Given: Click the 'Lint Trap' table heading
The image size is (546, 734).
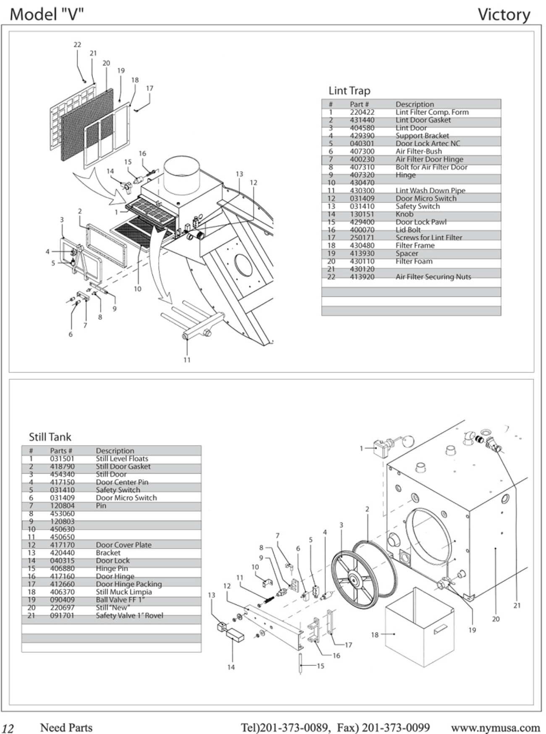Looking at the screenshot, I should [x=349, y=91].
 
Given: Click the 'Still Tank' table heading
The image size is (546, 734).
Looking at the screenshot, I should [x=50, y=437].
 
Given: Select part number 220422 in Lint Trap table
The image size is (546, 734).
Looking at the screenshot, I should [x=362, y=112].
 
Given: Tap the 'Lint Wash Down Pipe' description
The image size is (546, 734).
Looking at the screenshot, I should [x=430, y=190].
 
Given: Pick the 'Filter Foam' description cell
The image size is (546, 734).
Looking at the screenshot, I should [x=414, y=261].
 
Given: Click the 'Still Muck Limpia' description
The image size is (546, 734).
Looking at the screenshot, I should [x=123, y=592].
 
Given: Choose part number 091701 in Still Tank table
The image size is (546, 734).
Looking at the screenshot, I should [x=62, y=615].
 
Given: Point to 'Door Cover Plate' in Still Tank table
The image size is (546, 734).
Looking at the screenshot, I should [x=123, y=545].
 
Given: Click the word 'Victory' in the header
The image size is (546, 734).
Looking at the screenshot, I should [x=504, y=15].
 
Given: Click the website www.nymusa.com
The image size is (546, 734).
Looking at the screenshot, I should [x=496, y=727].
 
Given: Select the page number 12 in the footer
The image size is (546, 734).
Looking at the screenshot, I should [x=8, y=729].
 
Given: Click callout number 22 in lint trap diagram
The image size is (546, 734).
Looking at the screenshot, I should [x=77, y=45].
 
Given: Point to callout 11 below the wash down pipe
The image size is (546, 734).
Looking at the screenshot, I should [x=187, y=360].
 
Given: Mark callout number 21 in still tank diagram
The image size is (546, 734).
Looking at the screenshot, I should [x=517, y=605].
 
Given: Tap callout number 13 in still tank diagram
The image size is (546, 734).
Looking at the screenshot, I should [x=211, y=595].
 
